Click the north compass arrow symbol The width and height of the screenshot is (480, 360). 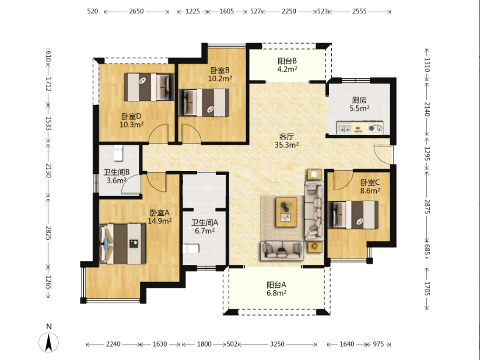tap(48, 342)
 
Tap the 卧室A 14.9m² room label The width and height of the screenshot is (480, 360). tap(159, 216)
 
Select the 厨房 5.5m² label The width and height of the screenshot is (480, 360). tap(359, 104)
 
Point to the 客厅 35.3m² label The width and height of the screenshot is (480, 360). tap(286, 141)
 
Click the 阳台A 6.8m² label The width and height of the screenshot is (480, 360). tap(276, 289)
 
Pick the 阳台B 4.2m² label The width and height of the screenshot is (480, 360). tap(287, 65)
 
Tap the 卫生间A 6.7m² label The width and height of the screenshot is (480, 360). tap(205, 226)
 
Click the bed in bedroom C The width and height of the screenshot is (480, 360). tap(353, 215)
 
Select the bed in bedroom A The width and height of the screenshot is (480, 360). tap(122, 244)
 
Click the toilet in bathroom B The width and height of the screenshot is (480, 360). tap(118, 153)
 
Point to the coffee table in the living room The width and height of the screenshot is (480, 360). tap(286, 212)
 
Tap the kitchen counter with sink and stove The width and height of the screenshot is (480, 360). tap(360, 128)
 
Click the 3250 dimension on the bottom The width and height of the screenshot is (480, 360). tap(277, 344)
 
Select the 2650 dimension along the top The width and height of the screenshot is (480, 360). tap(136, 12)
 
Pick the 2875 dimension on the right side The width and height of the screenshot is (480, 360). tap(427, 207)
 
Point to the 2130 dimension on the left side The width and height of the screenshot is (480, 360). tap(48, 170)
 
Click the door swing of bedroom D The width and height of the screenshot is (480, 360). tap(158, 133)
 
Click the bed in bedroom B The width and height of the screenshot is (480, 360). tap(204, 103)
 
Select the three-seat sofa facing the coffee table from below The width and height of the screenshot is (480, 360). tap(282, 251)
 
